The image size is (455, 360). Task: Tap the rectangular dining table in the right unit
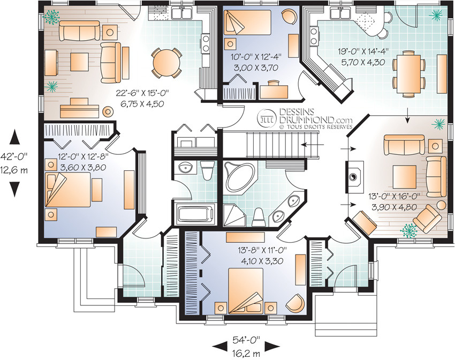click(x=409, y=74)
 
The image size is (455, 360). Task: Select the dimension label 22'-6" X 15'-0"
click(x=142, y=94)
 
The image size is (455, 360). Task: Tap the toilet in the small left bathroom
click(x=207, y=170)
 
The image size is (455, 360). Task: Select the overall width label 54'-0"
click(x=246, y=339)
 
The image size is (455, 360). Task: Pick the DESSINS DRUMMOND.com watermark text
click(x=316, y=116)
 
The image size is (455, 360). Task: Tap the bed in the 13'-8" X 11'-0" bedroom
click(x=246, y=291)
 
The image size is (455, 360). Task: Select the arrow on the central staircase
click(x=313, y=144)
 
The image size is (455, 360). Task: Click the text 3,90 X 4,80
click(x=395, y=207)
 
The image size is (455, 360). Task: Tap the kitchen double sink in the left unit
click(x=181, y=13)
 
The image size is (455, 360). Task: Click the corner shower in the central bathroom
click(x=234, y=215)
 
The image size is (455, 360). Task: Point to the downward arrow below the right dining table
click(x=408, y=115)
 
